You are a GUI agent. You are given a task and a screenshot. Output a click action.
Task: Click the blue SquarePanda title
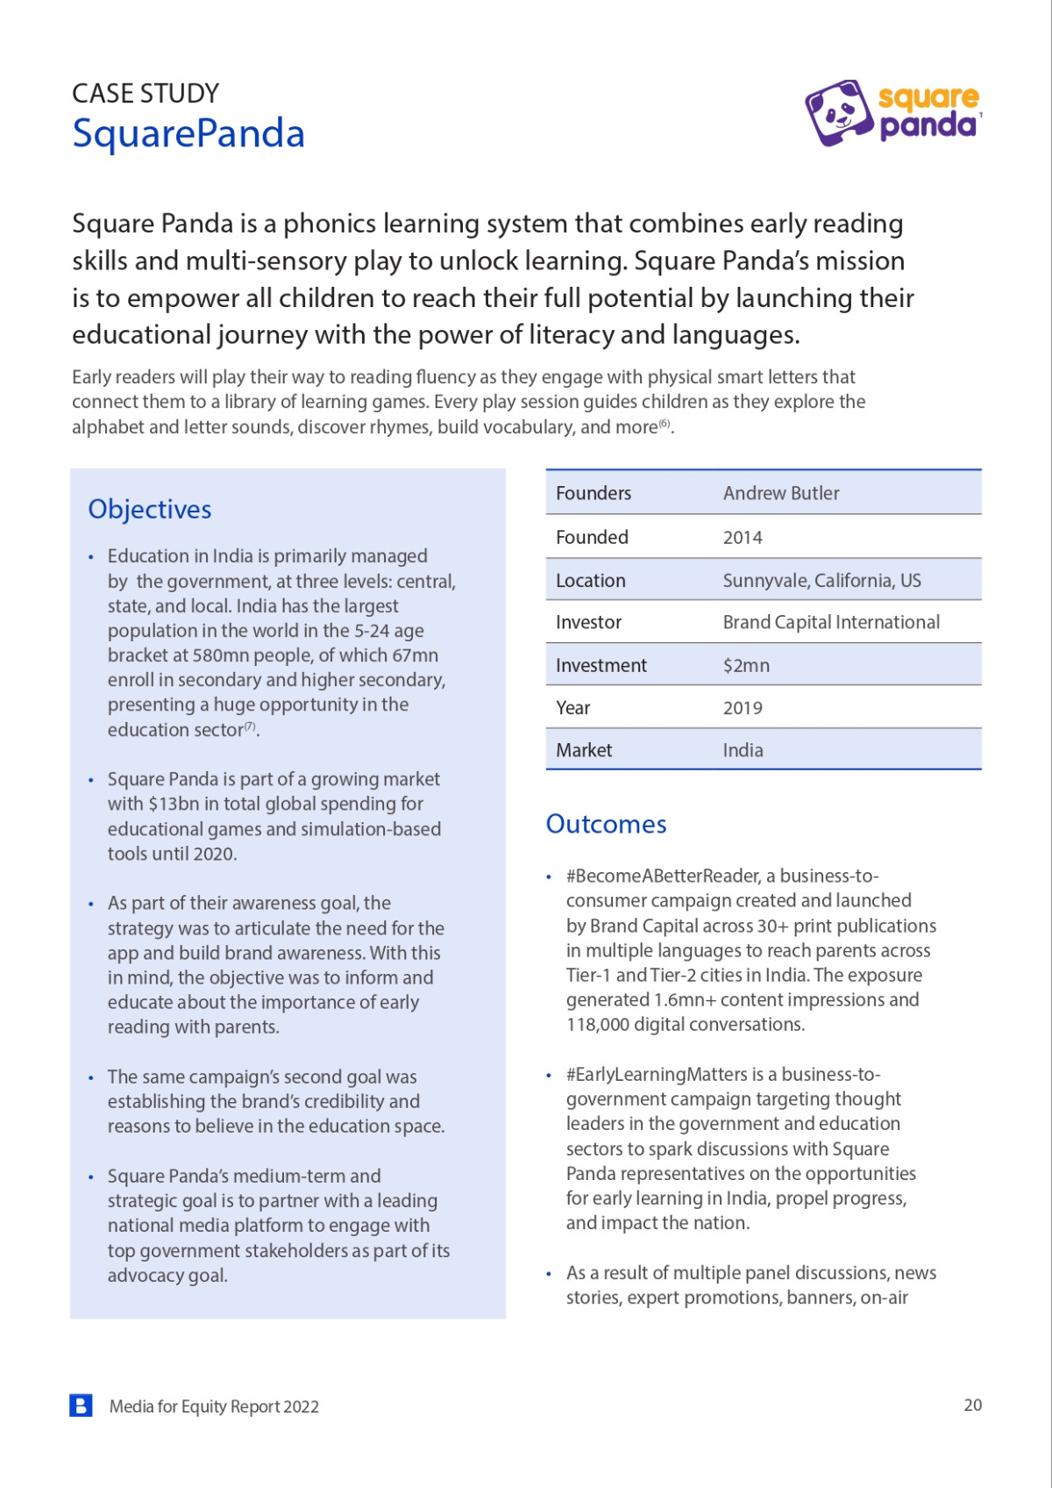pos(188,133)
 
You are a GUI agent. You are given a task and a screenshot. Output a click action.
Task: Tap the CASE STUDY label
pos(146,93)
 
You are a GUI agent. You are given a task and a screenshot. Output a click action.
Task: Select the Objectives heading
pos(150,509)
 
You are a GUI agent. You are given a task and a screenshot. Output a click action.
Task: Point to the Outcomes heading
pos(606,824)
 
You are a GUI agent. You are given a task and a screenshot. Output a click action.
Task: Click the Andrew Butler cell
pos(781,493)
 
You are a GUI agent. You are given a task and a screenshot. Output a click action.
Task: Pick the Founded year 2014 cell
pos(743,537)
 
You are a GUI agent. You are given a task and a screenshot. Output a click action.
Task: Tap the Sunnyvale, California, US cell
pos(821,580)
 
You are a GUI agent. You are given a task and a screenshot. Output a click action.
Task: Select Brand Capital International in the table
pos(831,622)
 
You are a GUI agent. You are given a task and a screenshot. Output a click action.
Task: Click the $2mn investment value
pos(746,665)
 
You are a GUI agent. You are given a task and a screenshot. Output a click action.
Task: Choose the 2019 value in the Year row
pos(743,708)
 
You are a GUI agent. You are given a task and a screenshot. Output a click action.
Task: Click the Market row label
pos(584,750)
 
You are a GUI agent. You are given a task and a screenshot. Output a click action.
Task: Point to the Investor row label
pos(588,622)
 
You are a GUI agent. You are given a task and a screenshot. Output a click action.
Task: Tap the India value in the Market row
pos(743,750)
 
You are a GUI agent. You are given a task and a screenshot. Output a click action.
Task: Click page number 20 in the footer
pos(972,1405)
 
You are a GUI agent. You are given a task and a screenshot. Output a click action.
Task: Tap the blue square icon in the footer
pos(81,1406)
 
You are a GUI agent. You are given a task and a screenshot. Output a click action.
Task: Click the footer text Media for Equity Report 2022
pos(214,1406)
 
